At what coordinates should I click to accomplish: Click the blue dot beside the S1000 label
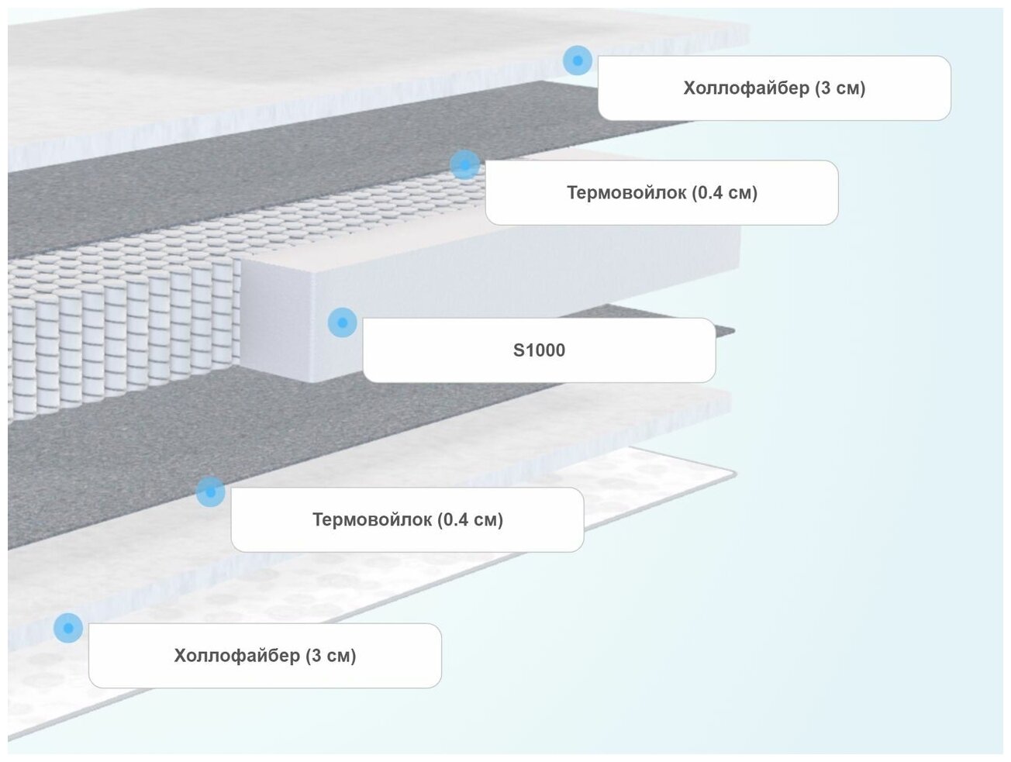pyautogui.click(x=342, y=322)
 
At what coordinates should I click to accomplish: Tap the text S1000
pyautogui.click(x=539, y=350)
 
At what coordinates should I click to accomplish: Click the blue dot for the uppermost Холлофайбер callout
pyautogui.click(x=577, y=60)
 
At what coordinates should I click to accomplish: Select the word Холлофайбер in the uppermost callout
pyautogui.click(x=746, y=88)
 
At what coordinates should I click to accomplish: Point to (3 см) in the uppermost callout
pyautogui.click(x=840, y=88)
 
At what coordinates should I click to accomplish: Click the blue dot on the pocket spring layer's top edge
pyautogui.click(x=464, y=164)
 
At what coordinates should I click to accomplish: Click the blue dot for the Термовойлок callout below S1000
pyautogui.click(x=210, y=491)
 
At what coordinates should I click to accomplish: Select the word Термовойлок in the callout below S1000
pyautogui.click(x=374, y=520)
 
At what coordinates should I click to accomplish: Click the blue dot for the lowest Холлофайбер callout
pyautogui.click(x=68, y=628)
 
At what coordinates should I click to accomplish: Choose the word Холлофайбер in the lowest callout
pyautogui.click(x=236, y=656)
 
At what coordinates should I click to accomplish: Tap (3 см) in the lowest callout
pyautogui.click(x=330, y=656)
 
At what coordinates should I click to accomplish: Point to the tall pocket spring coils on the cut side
pyautogui.click(x=116, y=341)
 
